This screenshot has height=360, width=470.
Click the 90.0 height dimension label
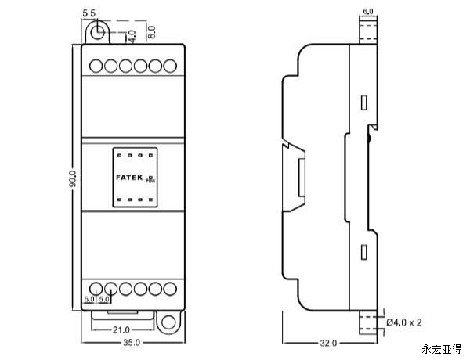(71, 178)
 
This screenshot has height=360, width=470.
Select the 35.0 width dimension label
(131, 343)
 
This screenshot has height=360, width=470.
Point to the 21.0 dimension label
(121, 329)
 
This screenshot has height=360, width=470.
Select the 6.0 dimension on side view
(368, 11)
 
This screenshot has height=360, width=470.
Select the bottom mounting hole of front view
(168, 322)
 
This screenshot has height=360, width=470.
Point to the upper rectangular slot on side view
(363, 103)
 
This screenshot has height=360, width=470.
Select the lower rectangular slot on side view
(363, 252)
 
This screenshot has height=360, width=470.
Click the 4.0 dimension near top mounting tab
(132, 36)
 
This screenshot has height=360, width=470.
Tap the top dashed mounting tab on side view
(367, 30)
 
